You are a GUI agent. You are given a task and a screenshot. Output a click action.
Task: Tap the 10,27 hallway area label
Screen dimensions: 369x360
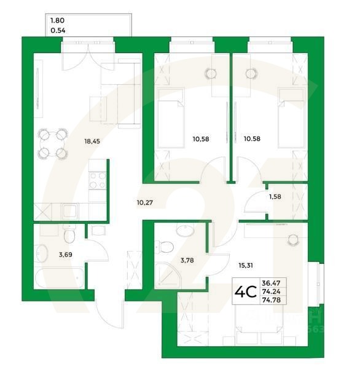[146, 200]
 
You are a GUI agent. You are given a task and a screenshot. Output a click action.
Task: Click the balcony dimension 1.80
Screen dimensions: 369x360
[58, 20]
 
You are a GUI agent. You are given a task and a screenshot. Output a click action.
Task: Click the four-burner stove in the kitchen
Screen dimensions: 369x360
[98, 180]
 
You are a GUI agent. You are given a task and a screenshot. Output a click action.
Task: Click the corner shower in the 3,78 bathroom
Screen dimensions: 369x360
[165, 274]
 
